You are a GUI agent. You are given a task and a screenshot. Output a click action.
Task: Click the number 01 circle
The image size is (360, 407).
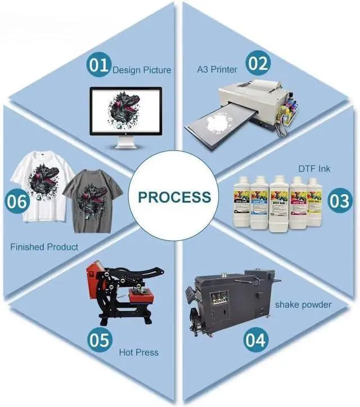point(99,65)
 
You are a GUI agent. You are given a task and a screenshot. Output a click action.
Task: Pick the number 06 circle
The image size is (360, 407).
point(17,202)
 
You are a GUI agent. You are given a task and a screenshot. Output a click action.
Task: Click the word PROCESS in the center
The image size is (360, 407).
point(175,197)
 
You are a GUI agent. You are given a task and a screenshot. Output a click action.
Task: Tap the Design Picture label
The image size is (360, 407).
point(141,70)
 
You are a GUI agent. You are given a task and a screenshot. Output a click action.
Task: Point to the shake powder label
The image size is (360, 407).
point(303,305)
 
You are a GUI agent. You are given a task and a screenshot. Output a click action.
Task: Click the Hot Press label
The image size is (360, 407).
point(139,352)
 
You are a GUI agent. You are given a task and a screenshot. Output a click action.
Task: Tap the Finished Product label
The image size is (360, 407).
point(44,247)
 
